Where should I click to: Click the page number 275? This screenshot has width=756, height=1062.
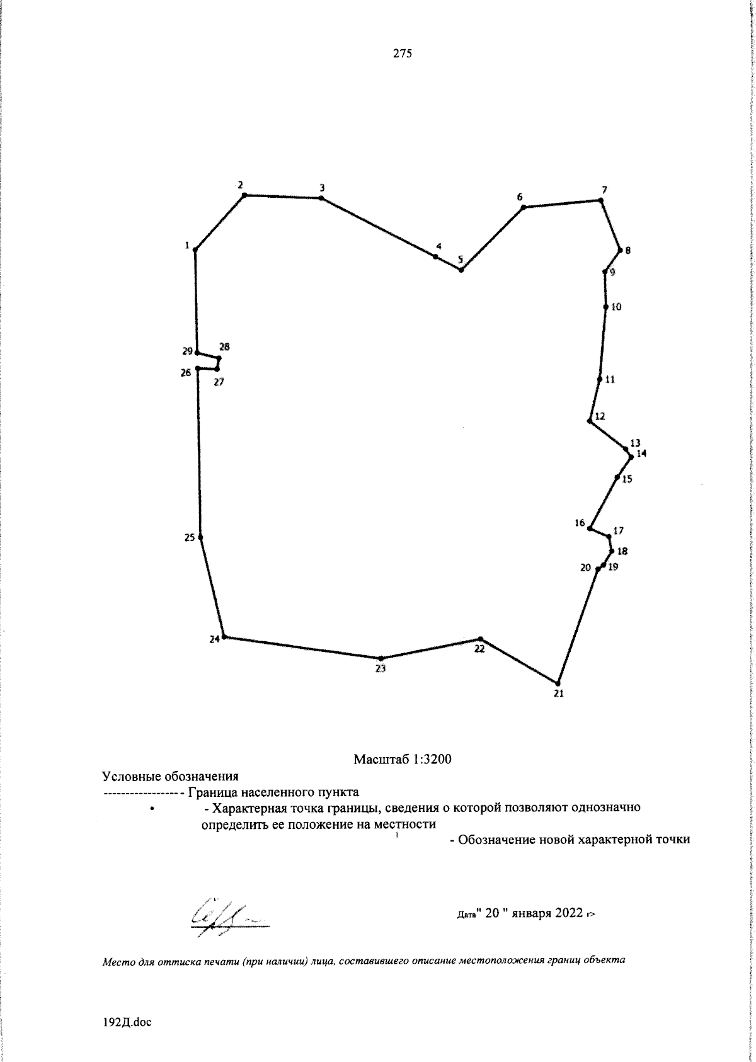403,54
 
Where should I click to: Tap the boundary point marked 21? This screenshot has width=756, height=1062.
558,683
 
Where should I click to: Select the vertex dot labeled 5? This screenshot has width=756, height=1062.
461,270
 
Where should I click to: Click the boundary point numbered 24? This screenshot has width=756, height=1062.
224,637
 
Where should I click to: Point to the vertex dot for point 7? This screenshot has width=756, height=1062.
600,200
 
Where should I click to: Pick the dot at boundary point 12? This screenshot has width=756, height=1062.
589,421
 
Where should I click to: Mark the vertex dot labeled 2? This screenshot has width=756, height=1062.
244,195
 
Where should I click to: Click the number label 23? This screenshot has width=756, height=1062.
380,669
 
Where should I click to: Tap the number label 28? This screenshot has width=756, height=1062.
224,346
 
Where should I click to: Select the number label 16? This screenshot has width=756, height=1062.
580,523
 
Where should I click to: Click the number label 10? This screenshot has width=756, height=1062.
616,307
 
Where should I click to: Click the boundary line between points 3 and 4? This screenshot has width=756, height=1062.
378,227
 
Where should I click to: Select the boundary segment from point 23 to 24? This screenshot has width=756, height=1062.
302,648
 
